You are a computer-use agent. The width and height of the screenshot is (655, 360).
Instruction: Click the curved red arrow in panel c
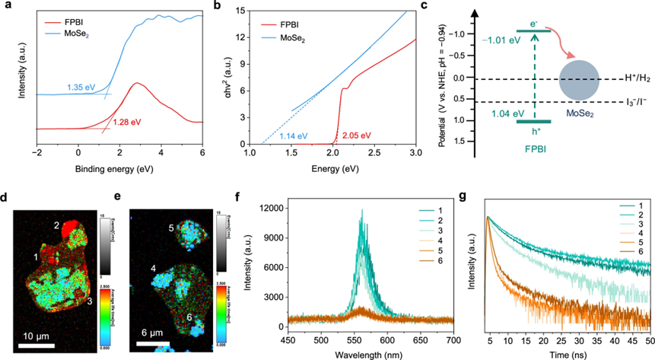click(569, 42)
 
